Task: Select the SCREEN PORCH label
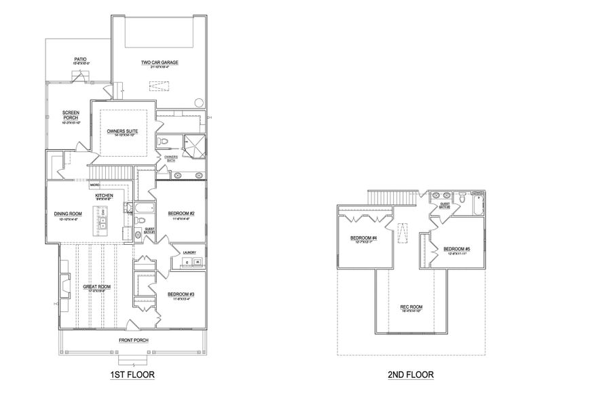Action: [71, 115]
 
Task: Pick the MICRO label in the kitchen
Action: [94, 185]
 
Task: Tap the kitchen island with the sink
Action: [104, 221]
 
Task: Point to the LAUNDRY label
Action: [189, 253]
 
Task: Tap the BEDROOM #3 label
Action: [181, 294]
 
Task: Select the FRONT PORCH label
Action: [134, 340]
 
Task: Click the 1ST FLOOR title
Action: [132, 374]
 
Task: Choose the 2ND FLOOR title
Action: [411, 374]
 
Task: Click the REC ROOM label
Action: [411, 307]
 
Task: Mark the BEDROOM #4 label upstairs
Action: [363, 238]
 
